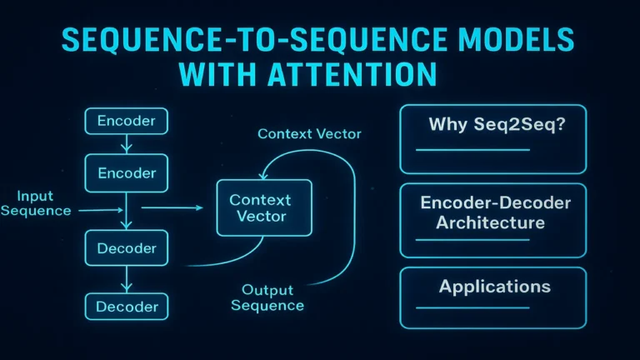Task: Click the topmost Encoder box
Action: tap(126, 121)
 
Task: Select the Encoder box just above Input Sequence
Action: tap(126, 173)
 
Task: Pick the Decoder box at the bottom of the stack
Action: tap(126, 306)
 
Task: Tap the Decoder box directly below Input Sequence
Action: tap(126, 248)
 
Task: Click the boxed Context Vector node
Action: tap(260, 208)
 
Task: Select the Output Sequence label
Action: tap(268, 297)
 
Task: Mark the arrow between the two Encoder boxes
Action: tap(126, 146)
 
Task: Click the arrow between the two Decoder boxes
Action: tap(126, 278)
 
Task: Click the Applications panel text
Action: tap(495, 287)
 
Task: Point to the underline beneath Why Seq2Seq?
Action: tap(472, 150)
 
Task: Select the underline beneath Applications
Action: tap(472, 307)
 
